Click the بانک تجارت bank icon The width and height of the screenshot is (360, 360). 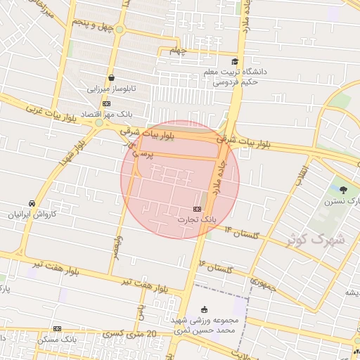[x=196, y=209]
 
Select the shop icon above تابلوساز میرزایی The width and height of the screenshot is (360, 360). [x=111, y=78]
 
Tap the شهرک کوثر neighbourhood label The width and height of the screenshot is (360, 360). [x=316, y=238]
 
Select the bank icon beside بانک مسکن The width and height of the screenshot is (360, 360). [x=57, y=328]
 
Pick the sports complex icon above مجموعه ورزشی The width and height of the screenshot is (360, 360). [x=205, y=309]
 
